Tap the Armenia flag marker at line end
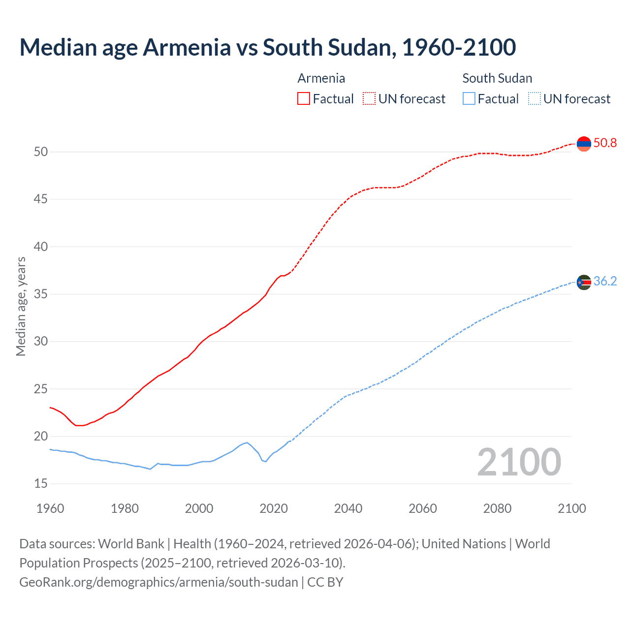(x=583, y=144)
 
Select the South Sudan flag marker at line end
(x=583, y=282)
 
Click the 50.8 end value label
(x=605, y=143)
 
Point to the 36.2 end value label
(x=605, y=282)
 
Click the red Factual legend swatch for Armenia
(x=304, y=98)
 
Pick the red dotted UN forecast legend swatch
(x=369, y=98)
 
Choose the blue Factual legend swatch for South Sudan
(x=469, y=98)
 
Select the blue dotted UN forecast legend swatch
(x=534, y=98)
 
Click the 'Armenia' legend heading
(x=321, y=78)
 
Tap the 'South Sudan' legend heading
(x=497, y=78)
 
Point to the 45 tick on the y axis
(x=41, y=199)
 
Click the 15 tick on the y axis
(x=41, y=484)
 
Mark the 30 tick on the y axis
(x=41, y=342)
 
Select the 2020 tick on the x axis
(x=274, y=508)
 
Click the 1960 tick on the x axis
(x=50, y=508)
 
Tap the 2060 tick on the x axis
(x=423, y=508)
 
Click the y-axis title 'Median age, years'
(x=21, y=306)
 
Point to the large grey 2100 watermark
(x=519, y=462)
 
